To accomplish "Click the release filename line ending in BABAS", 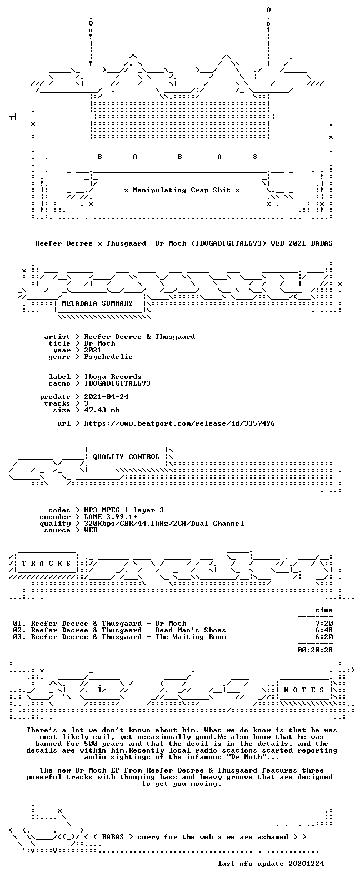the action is pos(184,243).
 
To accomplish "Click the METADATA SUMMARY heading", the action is pos(97,303).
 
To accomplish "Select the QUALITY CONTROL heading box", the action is pos(126,457).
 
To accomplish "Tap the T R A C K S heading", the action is pos(46,563).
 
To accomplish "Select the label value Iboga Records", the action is pos(112,377).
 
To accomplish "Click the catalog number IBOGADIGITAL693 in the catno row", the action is pos(117,383).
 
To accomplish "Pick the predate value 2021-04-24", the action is pos(106,397).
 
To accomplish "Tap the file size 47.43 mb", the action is pos(102,410).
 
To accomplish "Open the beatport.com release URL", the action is pos(179,423).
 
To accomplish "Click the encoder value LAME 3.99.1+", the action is pos(111,517).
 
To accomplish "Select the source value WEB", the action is pos(91,530).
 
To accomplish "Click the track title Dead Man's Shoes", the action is pos(191,630).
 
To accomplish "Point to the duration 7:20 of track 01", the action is pos(324,624).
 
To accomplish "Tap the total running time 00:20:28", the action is pos(315,650).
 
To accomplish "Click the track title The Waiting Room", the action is pos(191,637).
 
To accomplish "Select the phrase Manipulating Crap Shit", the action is pos(182,190).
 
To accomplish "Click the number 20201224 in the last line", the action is pos(306,864).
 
